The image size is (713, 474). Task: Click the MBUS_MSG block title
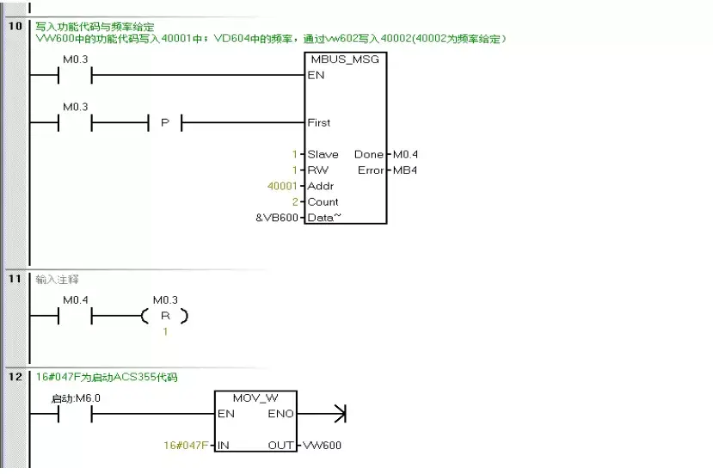tap(345, 59)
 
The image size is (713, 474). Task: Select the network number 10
tap(15, 27)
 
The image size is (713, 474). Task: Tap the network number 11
tap(15, 280)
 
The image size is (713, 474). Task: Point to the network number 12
tap(15, 377)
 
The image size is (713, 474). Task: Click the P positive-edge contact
tap(165, 123)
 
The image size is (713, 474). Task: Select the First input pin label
tap(319, 123)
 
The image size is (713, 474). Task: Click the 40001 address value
tap(284, 186)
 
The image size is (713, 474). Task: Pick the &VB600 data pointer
tap(277, 218)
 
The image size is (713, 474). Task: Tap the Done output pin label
tap(369, 155)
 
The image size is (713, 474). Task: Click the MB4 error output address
tap(405, 170)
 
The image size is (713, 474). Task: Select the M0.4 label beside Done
tap(405, 155)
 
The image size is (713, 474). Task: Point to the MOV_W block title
tap(255, 398)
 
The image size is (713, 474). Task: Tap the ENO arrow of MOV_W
tap(339, 415)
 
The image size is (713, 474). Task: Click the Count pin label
tap(323, 202)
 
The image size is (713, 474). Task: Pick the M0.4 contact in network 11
tap(75, 317)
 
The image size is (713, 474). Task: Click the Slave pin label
tap(323, 155)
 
